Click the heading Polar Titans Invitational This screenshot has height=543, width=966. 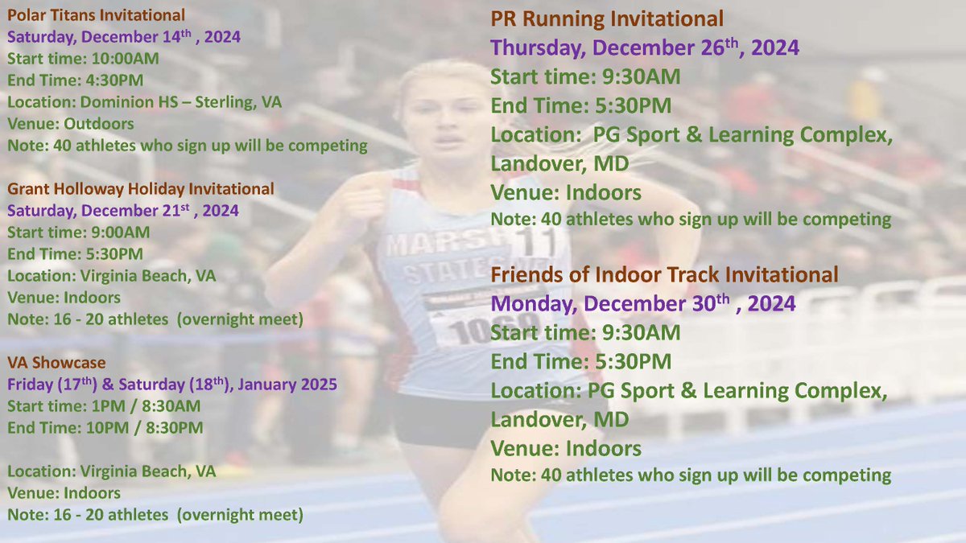coord(96,14)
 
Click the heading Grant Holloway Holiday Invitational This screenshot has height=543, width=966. coord(141,189)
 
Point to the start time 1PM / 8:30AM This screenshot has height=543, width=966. coord(142,406)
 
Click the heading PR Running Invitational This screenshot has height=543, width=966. coord(607,19)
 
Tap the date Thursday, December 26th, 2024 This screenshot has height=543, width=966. coord(645,47)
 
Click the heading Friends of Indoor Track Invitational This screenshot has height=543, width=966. coord(664,274)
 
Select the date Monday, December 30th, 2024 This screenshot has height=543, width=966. coord(643,304)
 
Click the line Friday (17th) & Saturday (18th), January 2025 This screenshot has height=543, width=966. coord(171,385)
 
